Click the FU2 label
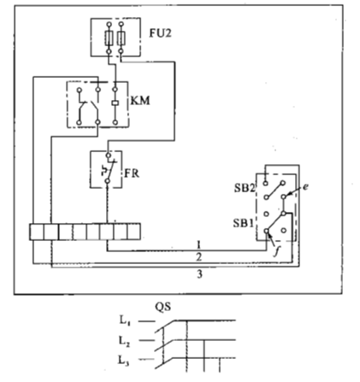click(x=161, y=33)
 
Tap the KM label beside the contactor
click(x=140, y=101)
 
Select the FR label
click(x=132, y=173)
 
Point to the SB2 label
click(x=244, y=188)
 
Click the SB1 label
click(x=243, y=223)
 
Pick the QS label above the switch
click(x=162, y=308)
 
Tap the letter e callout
click(x=305, y=187)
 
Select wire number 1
click(x=199, y=244)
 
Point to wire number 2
click(x=199, y=257)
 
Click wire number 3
click(x=200, y=274)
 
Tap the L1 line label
click(x=124, y=321)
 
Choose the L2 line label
click(x=124, y=341)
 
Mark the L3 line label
click(x=124, y=361)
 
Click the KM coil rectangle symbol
click(x=115, y=103)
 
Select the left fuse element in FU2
click(x=109, y=38)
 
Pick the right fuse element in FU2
click(x=121, y=38)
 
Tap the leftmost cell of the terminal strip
click(x=37, y=232)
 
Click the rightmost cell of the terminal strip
click(x=133, y=232)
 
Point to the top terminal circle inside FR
click(x=108, y=156)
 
